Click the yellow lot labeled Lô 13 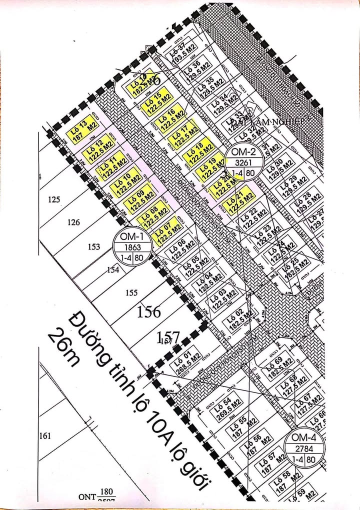(83, 132)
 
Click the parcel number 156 (149, 312)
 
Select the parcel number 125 (54, 199)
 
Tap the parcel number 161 (44, 436)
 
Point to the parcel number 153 (93, 246)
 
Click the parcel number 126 (73, 223)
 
